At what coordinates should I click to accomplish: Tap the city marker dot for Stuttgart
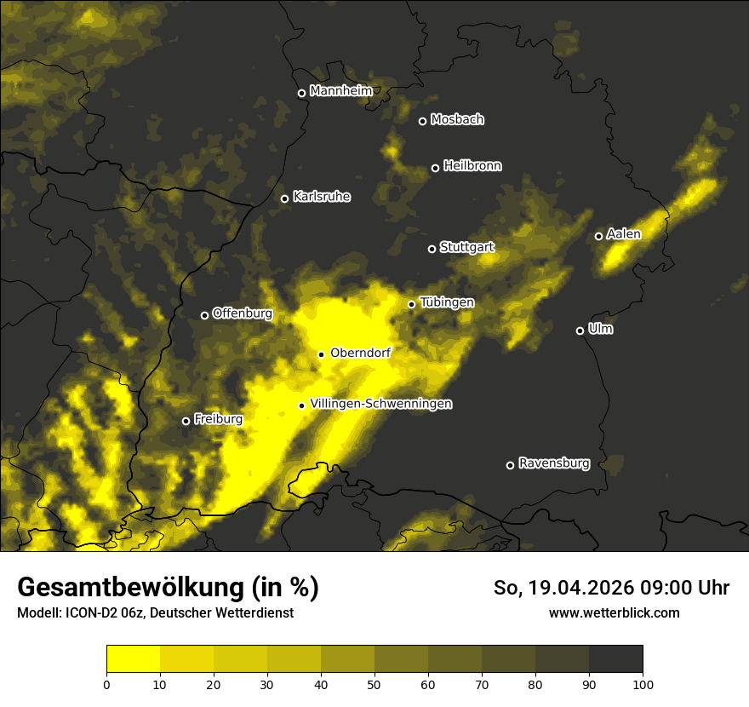point(432,249)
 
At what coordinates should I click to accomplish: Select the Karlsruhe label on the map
point(321,197)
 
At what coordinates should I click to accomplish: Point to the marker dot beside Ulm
point(580,331)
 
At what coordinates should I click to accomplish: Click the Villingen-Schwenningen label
point(380,404)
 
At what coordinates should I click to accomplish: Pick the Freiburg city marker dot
point(186,421)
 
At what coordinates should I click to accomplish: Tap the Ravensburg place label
point(553,463)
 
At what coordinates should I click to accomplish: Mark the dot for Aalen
point(598,236)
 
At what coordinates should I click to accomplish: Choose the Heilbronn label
point(472,166)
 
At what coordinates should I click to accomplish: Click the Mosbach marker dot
point(422,121)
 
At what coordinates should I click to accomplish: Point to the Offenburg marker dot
point(204,315)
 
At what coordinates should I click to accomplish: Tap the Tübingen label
point(447,302)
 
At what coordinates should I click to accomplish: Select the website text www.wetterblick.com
point(614,612)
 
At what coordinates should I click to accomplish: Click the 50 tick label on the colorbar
point(374,684)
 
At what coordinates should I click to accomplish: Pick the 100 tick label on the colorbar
point(643,684)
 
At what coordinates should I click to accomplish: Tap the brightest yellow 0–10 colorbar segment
point(134,659)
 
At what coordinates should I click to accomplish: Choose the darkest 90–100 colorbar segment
point(615,659)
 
